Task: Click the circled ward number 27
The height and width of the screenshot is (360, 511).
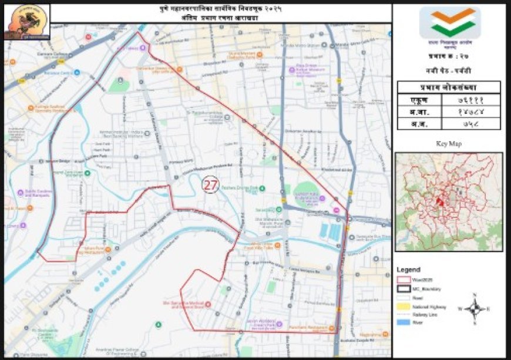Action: (x=210, y=185)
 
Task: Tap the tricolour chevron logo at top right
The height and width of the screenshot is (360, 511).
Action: (x=449, y=22)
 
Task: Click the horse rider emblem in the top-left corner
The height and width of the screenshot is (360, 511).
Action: (x=26, y=22)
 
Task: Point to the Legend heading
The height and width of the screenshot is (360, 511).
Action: (x=408, y=270)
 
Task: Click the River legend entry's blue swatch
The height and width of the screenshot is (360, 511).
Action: (x=404, y=322)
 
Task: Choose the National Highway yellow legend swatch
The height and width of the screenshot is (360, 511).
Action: (x=404, y=306)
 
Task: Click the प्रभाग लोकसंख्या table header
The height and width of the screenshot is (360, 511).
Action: (x=449, y=87)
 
